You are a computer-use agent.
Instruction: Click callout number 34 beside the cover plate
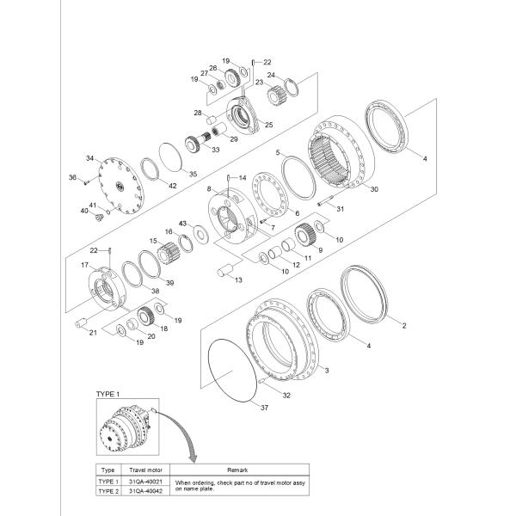point(89,158)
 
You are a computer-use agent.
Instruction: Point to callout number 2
point(404,326)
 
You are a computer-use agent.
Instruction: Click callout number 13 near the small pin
point(239,280)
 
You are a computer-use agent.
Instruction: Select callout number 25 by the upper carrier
point(268,125)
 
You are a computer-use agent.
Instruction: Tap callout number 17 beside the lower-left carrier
point(86,266)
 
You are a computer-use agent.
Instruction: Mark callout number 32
point(286,396)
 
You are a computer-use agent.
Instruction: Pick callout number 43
point(182,223)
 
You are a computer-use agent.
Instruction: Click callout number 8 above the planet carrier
point(208,187)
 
